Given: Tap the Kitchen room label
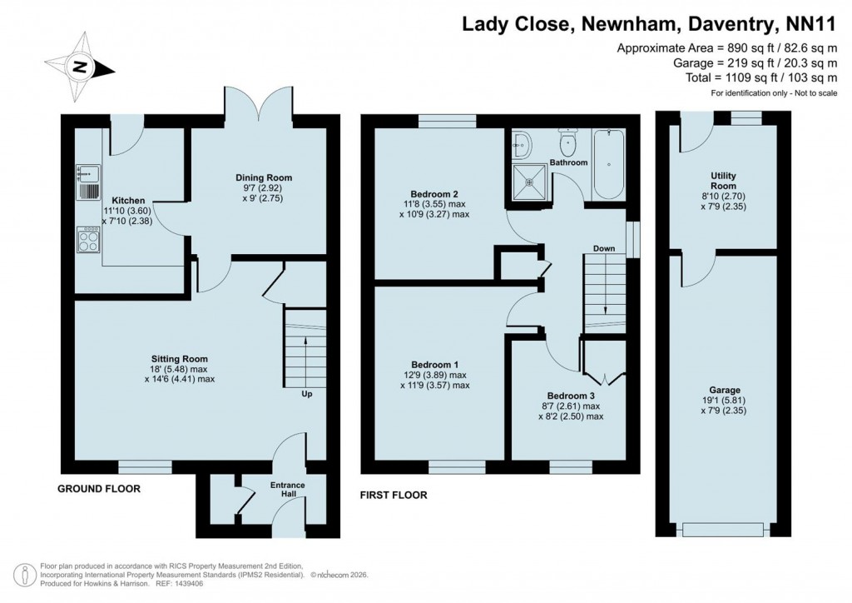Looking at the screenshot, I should (129, 201).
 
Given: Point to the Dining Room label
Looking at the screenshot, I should (265, 177).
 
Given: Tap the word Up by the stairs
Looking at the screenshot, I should (307, 394).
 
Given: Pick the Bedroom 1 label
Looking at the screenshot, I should (434, 364).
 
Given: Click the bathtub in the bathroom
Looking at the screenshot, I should (607, 164).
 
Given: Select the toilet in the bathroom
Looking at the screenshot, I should (569, 143).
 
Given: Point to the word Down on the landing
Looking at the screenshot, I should (604, 248).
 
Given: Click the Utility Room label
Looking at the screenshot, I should (723, 180).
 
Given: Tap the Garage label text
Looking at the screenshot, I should (723, 390).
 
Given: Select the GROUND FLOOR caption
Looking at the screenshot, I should (98, 489).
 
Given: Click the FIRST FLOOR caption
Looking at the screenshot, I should (393, 495).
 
